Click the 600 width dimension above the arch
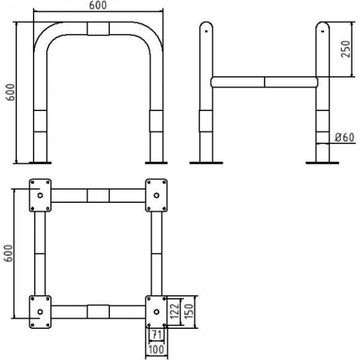(x=98, y=6)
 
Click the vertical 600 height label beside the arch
(x=10, y=92)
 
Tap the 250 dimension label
(x=346, y=49)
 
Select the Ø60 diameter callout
(x=344, y=137)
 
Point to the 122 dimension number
(x=174, y=311)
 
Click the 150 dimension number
(x=189, y=311)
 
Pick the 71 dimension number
(x=156, y=335)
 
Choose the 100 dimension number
(x=156, y=349)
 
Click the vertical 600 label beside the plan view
(x=8, y=253)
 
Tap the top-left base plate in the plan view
(x=40, y=196)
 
